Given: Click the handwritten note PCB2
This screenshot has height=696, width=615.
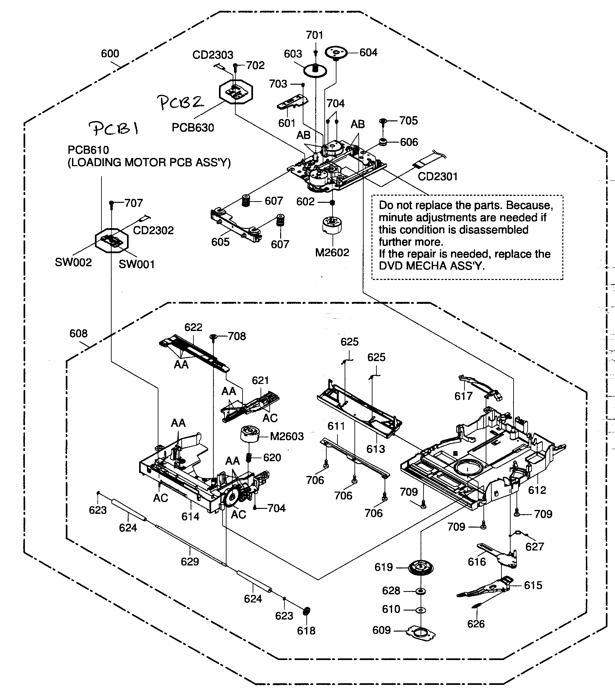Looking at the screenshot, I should (181, 102).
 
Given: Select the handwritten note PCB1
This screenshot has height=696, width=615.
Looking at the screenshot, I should (114, 129).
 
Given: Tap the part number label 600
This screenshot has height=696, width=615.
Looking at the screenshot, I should (110, 54).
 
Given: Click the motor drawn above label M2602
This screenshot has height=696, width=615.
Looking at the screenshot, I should (332, 225).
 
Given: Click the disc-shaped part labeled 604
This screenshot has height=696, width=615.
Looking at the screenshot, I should (335, 53).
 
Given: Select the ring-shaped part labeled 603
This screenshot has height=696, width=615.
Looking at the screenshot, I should (315, 71).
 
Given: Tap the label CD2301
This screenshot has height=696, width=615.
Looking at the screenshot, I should (438, 177).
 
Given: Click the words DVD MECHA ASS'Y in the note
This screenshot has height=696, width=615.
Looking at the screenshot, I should (432, 266).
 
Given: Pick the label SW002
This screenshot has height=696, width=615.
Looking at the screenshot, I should (73, 263).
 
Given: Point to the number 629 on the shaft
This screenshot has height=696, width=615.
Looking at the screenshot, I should (190, 562).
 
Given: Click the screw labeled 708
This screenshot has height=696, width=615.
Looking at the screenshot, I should (213, 337).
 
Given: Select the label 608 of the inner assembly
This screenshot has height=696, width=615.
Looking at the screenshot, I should (78, 334).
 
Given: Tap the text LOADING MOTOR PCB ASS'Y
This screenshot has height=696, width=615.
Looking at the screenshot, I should (149, 163).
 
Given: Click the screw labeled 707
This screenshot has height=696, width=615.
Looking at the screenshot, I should (111, 204).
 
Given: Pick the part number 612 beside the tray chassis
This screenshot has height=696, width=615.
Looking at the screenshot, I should (537, 490).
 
